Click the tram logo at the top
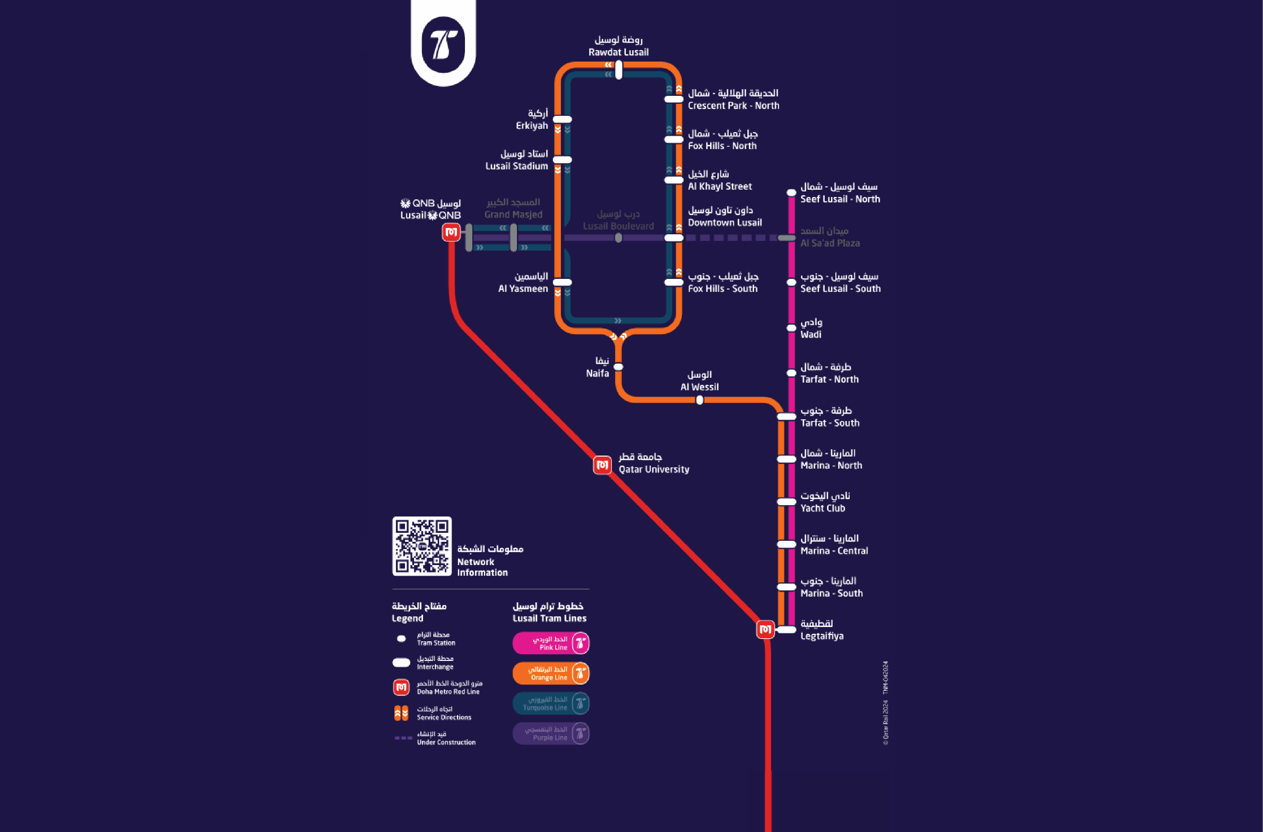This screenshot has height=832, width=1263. tap(443, 44)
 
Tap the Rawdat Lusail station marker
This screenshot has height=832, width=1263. tap(619, 70)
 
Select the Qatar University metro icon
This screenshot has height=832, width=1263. tap(602, 465)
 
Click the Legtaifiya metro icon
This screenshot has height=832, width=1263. tap(765, 629)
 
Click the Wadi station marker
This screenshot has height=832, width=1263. tap(791, 328)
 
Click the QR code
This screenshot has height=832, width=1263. tap(422, 546)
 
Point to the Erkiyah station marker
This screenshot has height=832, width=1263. tap(562, 119)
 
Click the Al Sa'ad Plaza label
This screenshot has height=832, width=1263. tap(829, 237)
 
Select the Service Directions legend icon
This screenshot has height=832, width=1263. tap(401, 713)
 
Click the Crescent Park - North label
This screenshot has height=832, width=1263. tap(733, 99)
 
